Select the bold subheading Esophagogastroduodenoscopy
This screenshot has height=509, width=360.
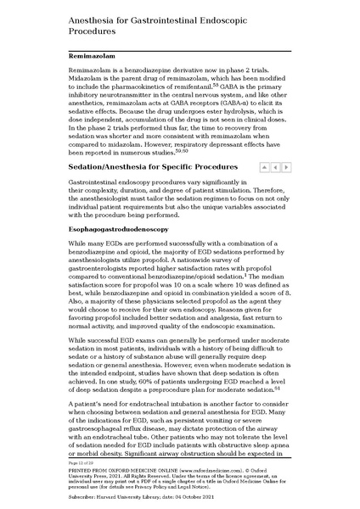(x=118, y=230)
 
